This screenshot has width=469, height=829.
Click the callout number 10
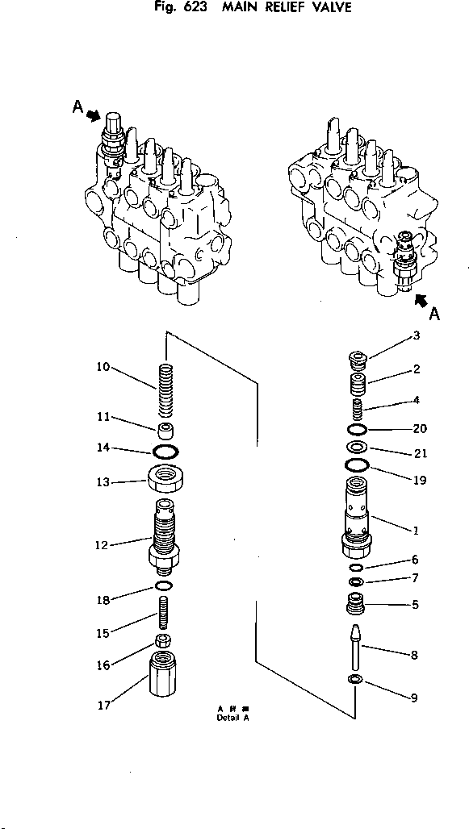pyautogui.click(x=103, y=367)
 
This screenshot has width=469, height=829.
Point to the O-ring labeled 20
pyautogui.click(x=357, y=428)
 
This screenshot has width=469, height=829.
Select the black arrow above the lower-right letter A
pyautogui.click(x=419, y=301)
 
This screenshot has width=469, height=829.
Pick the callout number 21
pyautogui.click(x=419, y=454)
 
